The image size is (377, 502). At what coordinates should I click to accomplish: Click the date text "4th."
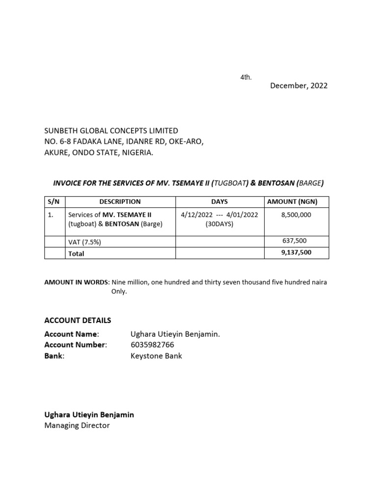pos(246,77)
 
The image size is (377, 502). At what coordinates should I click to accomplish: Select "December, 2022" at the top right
pos(298,86)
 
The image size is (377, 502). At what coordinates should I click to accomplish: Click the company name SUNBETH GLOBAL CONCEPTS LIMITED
pos(111,130)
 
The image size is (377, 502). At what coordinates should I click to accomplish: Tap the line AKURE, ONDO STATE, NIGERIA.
pos(99,153)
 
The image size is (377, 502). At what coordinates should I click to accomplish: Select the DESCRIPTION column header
pos(120,201)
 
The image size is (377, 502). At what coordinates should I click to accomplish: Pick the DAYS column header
pos(219,201)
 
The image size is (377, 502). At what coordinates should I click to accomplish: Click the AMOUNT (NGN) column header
pos(296,201)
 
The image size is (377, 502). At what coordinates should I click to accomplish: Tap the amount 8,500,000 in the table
pos(296,215)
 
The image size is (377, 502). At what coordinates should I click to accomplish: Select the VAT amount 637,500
pos(296,241)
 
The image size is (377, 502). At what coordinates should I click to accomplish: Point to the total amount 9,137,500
pos(296,252)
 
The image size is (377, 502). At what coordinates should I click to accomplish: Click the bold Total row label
pos(76,253)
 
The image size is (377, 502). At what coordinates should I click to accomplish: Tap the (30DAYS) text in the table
pos(219,224)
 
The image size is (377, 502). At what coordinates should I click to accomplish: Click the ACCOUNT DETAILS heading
pos(78,320)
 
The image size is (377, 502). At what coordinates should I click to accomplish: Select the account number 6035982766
pos(152,345)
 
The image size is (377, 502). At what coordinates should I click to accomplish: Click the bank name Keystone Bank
pos(156,356)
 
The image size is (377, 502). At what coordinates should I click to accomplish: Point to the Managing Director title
pos(77,426)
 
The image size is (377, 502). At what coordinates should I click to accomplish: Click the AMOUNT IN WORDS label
pos(77,282)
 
